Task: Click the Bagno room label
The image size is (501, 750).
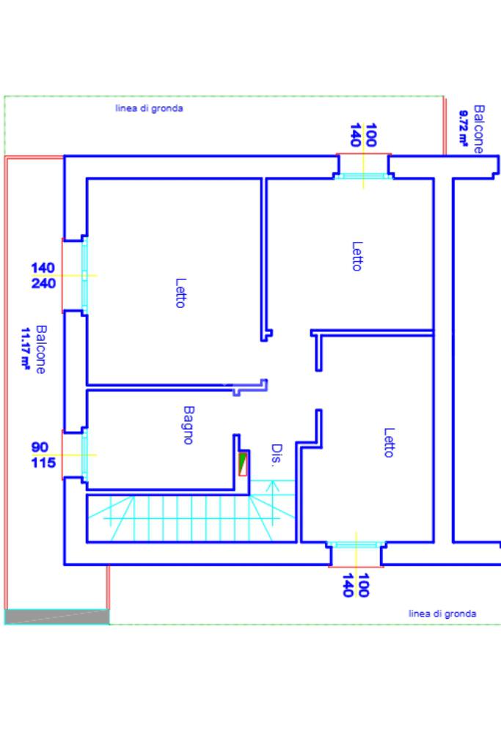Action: [x=188, y=425]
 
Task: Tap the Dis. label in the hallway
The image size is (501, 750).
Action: [x=277, y=455]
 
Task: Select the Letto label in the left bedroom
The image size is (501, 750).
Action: [x=180, y=292]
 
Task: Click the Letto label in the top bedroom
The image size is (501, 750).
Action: [x=356, y=256]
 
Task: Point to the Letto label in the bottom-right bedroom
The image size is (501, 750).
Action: [x=389, y=442]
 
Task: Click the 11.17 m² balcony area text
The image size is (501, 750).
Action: [x=26, y=350]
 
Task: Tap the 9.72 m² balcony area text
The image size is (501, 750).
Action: [x=464, y=129]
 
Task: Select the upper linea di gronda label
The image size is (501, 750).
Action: [x=149, y=109]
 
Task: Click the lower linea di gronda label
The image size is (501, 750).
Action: [x=442, y=614]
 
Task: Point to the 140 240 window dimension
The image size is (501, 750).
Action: [x=43, y=275]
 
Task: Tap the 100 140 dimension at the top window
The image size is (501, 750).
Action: [x=363, y=136]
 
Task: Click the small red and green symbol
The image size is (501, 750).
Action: [x=244, y=464]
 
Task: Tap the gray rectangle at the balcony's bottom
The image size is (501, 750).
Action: [x=57, y=617]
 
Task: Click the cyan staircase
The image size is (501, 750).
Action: [x=191, y=518]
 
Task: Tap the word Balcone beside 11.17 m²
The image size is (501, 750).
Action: [x=40, y=350]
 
